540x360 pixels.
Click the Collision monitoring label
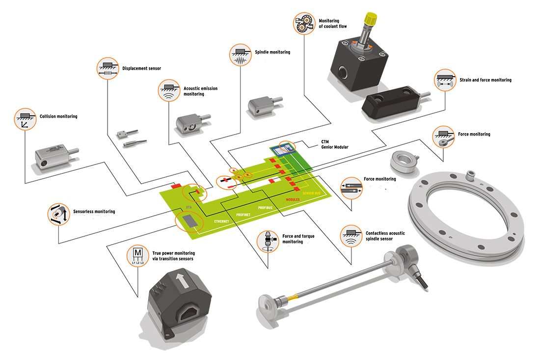pos(58,117)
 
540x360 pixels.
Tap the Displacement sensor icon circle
pos(107,68)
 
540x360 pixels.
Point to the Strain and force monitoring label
pos(485,80)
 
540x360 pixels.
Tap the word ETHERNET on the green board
pos(221,222)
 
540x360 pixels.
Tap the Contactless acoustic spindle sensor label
pos(385,236)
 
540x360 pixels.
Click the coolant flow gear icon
pos(304,23)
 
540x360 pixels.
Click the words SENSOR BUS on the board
pos(313,194)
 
